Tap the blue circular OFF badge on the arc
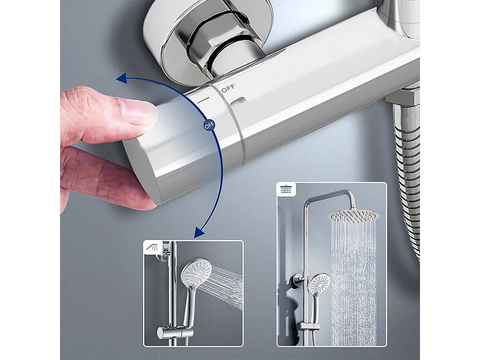tap(209, 126)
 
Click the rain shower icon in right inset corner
tap(285, 190)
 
